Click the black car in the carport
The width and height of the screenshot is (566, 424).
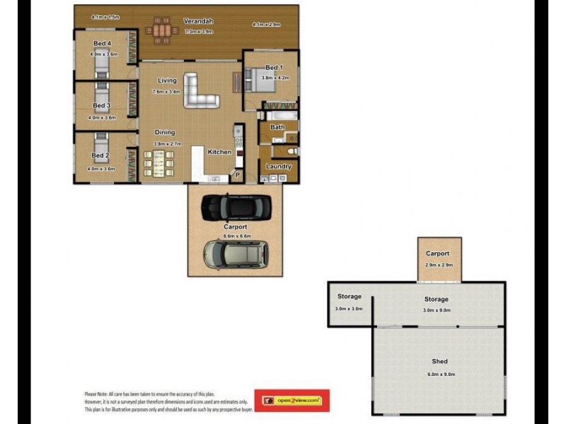tap(236, 206)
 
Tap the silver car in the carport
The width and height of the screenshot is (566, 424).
tap(236, 254)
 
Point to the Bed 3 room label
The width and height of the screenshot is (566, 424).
tap(102, 106)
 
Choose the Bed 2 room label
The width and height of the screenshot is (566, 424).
tap(100, 155)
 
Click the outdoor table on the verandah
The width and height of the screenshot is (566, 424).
tap(162, 31)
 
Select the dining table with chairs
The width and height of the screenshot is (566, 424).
tap(158, 163)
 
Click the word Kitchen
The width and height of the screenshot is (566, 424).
tap(219, 152)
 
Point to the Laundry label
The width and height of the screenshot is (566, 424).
tap(279, 167)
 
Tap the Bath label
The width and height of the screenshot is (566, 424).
tap(277, 128)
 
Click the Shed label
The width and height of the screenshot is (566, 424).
tap(439, 362)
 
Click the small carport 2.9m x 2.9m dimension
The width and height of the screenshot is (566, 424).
tap(439, 265)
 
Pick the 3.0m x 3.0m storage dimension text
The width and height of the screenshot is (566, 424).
tap(349, 309)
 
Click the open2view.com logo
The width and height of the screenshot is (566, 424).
tap(292, 401)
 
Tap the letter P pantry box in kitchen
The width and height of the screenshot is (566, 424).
tap(238, 175)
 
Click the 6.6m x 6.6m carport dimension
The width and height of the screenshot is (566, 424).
tap(237, 236)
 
